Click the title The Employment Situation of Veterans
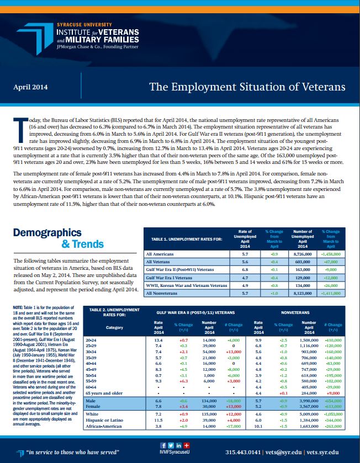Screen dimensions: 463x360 247,87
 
